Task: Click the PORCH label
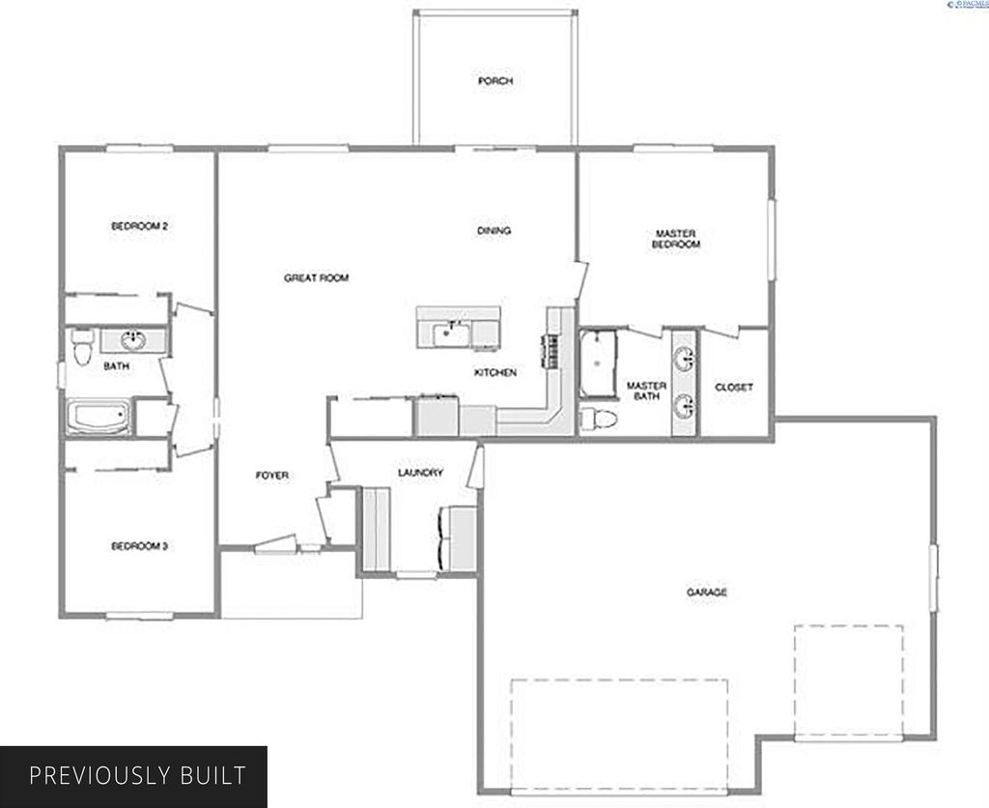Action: (494, 81)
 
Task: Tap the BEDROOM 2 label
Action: (140, 226)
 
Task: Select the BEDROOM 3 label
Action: (140, 546)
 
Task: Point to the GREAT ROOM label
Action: (316, 278)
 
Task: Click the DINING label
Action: (494, 231)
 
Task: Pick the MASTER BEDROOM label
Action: (676, 239)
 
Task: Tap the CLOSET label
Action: (734, 388)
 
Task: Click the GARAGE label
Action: (707, 592)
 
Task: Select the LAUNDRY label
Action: (420, 473)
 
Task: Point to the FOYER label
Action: (272, 476)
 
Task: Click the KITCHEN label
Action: (494, 373)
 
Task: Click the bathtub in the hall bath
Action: (98, 418)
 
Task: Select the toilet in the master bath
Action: (599, 418)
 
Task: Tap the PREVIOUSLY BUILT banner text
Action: (137, 775)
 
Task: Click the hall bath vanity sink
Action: (132, 340)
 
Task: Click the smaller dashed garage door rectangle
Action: (849, 681)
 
